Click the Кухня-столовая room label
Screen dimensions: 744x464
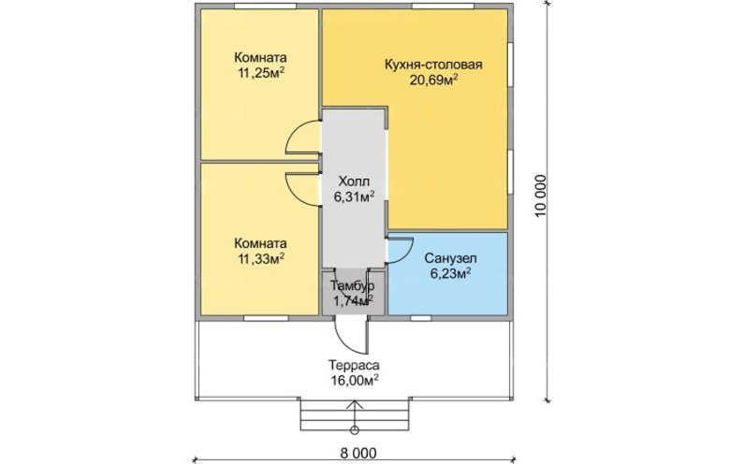pyautogui.click(x=433, y=65)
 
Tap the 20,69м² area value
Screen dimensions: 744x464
pyautogui.click(x=433, y=80)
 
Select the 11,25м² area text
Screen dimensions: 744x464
pyautogui.click(x=260, y=73)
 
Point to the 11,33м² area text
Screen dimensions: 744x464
pyautogui.click(x=260, y=258)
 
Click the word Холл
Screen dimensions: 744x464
pyautogui.click(x=354, y=181)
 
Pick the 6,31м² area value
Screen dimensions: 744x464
pyautogui.click(x=354, y=196)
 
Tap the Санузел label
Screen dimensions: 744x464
pyautogui.click(x=450, y=258)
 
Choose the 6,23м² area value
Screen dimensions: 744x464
pyautogui.click(x=450, y=274)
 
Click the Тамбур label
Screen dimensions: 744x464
pyautogui.click(x=353, y=286)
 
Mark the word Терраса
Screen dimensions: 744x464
pyautogui.click(x=354, y=366)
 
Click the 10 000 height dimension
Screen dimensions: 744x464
pyautogui.click(x=541, y=196)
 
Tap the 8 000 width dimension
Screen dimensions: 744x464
pyautogui.click(x=358, y=453)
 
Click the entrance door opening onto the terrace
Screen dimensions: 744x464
pyautogui.click(x=352, y=336)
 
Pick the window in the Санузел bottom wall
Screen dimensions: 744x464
pyautogui.click(x=421, y=318)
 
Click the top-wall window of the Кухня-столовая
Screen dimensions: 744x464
pyautogui.click(x=443, y=6)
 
